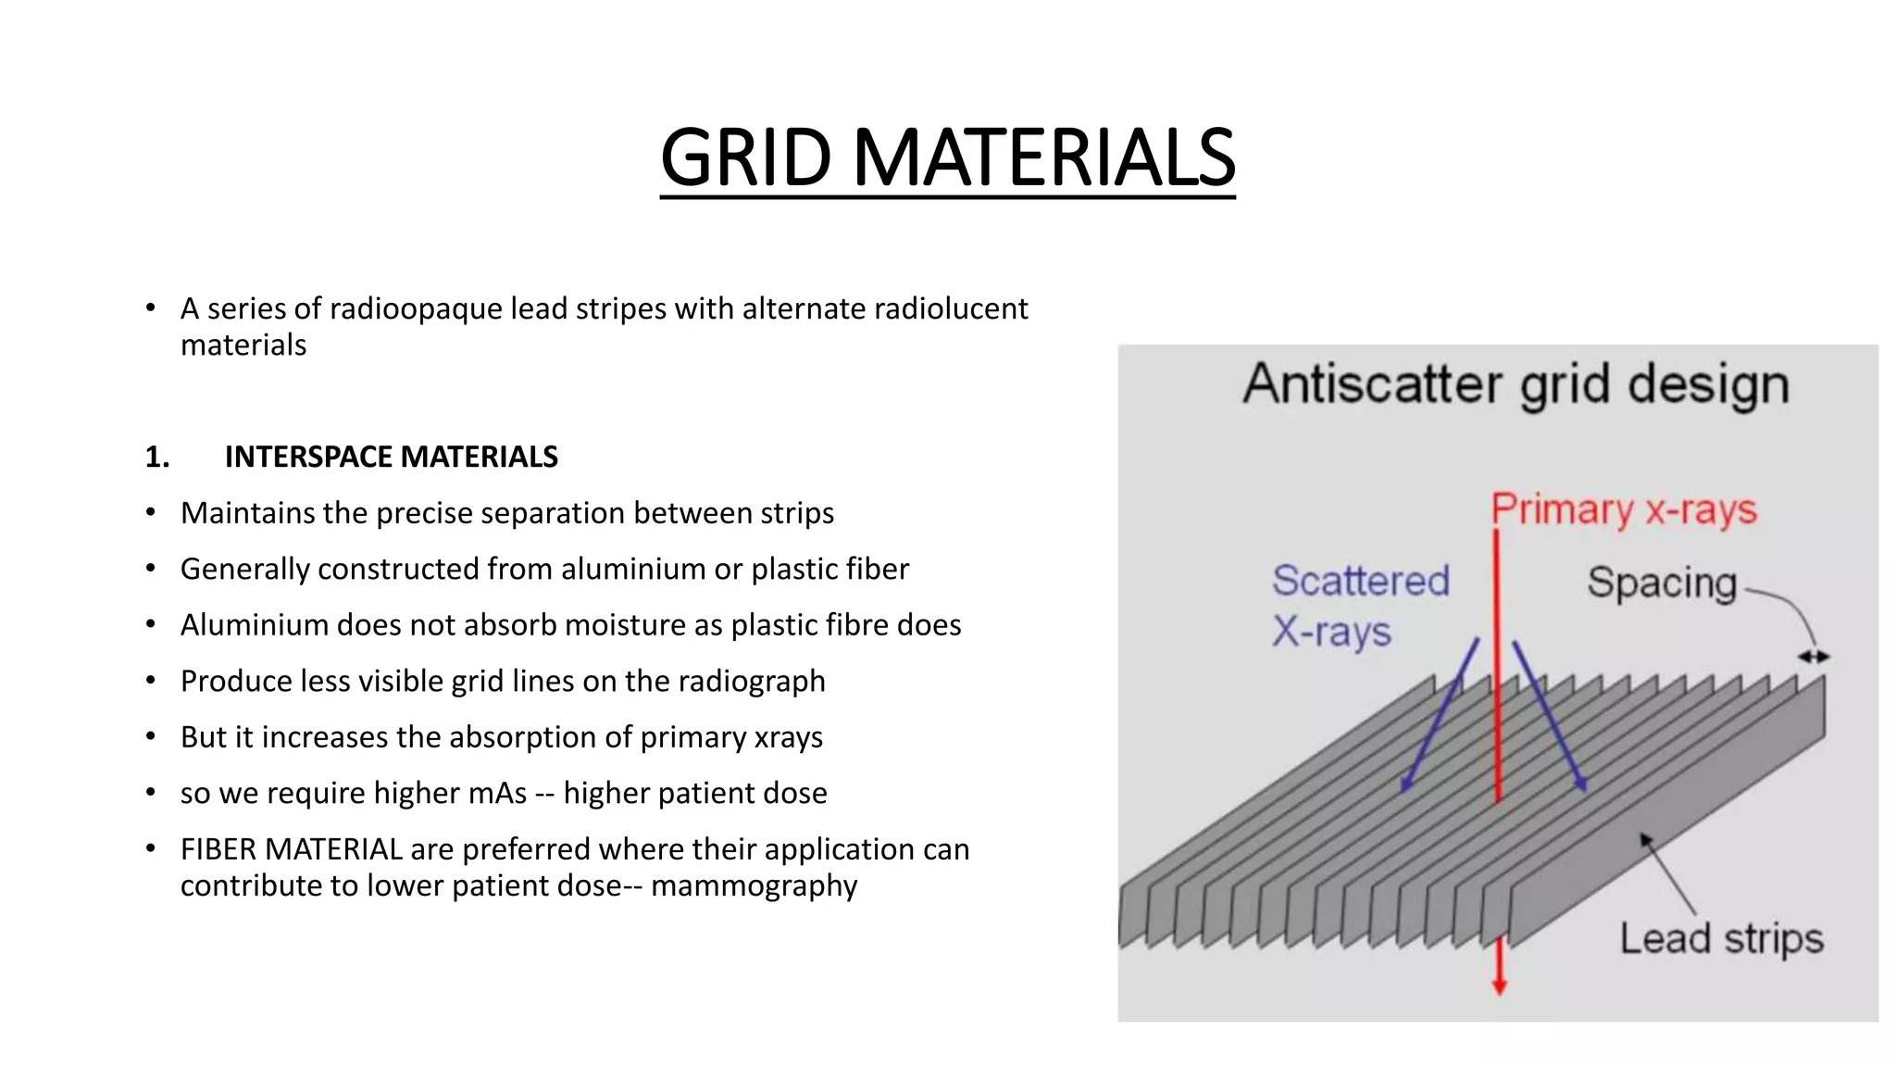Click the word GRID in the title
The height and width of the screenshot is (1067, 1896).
pos(746,158)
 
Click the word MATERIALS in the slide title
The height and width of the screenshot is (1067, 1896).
pos(1043,158)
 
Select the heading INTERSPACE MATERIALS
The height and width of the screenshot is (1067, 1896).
pos(391,457)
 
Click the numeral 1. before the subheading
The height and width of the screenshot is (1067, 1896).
pos(157,457)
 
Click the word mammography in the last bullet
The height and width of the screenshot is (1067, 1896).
pos(754,885)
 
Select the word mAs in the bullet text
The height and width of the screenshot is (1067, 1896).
pos(497,793)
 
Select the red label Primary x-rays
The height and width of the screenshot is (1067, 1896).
pos(1624,510)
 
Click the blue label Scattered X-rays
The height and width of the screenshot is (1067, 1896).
pos(1359,606)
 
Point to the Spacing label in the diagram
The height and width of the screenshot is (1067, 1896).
pos(1662,584)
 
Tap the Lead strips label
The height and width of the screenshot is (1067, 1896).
pos(1721,938)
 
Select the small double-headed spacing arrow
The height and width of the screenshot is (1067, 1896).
pos(1814,657)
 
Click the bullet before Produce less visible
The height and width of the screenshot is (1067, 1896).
pos(151,681)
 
